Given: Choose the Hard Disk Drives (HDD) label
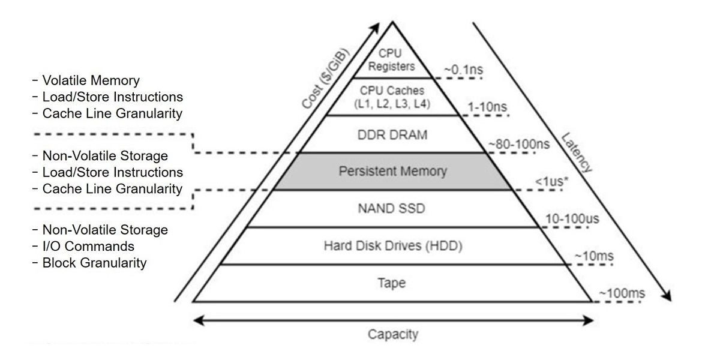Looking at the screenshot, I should pos(392,245).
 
